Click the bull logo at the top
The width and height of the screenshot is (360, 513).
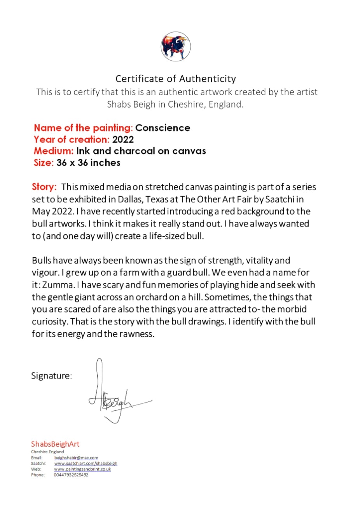[x=176, y=46]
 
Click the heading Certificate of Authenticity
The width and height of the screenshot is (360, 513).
[x=175, y=79]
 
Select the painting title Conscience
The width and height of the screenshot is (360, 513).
[x=163, y=128]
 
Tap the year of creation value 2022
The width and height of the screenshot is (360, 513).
[x=123, y=140]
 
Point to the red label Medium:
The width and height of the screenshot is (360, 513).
[x=53, y=151]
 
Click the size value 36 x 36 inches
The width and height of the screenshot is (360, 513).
[x=88, y=163]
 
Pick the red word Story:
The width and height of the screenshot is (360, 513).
[x=44, y=187]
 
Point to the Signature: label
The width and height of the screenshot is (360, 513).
[x=51, y=376]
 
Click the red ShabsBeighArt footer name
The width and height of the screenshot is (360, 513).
[x=55, y=444]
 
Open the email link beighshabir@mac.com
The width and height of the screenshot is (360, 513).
[x=76, y=458]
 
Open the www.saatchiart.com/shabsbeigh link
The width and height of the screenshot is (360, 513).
[x=86, y=463]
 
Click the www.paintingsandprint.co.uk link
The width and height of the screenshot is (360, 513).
[x=82, y=469]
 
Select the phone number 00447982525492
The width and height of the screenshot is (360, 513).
[x=71, y=475]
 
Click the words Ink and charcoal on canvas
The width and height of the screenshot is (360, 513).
[x=141, y=151]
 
